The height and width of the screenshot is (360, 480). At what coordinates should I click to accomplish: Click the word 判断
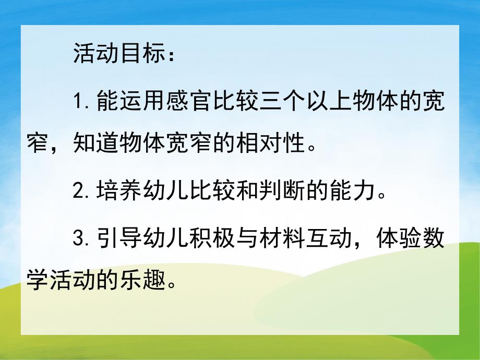pyautogui.click(x=283, y=194)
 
